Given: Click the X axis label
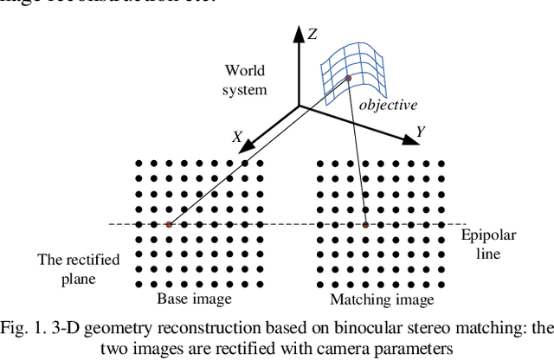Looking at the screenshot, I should [x=236, y=137].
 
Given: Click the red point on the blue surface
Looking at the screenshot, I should [x=349, y=79].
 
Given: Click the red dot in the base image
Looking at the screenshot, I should [x=169, y=225].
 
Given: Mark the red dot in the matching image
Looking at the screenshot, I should [x=365, y=225].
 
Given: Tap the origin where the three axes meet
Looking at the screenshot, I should [x=300, y=106].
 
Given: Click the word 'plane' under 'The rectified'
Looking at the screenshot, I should [x=79, y=279].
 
